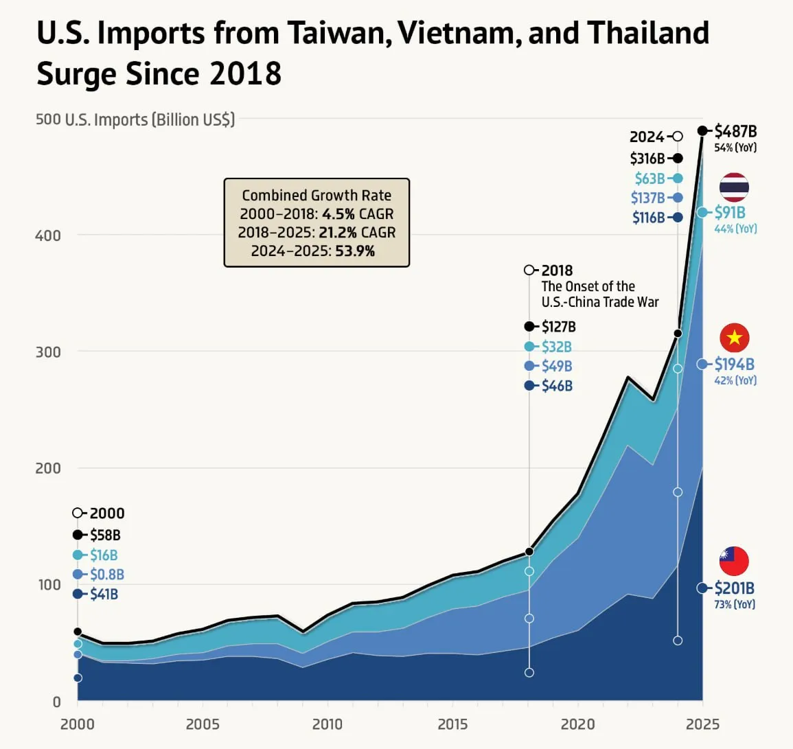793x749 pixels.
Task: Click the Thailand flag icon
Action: click(734, 187)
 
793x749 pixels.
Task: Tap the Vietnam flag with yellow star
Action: click(734, 338)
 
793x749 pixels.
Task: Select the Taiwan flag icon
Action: click(734, 562)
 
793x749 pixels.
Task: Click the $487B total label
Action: click(735, 131)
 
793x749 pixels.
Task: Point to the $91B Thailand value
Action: click(730, 213)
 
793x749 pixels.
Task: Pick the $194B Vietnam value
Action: click(734, 364)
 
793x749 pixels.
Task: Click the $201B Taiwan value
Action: click(734, 588)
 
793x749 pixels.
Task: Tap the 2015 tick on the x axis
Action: click(452, 724)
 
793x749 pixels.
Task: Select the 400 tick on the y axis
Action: click(48, 235)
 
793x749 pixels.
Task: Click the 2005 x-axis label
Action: click(203, 724)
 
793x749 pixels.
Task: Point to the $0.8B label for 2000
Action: click(106, 575)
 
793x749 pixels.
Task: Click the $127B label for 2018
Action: click(558, 327)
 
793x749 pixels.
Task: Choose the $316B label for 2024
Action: click(647, 159)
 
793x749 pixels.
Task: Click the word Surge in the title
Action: click(76, 73)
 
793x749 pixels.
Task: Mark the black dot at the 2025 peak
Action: click(702, 131)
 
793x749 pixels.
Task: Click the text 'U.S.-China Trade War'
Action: click(599, 302)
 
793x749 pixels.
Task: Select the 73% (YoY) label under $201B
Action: click(735, 605)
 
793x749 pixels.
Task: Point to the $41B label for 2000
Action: click(104, 595)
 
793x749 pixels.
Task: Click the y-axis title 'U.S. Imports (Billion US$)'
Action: click(150, 119)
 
